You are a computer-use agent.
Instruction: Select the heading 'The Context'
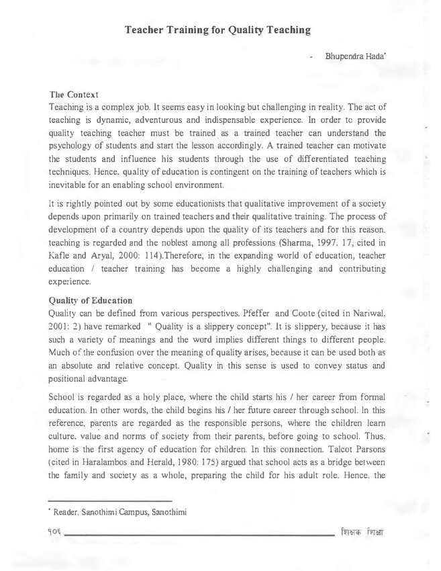(x=75, y=95)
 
